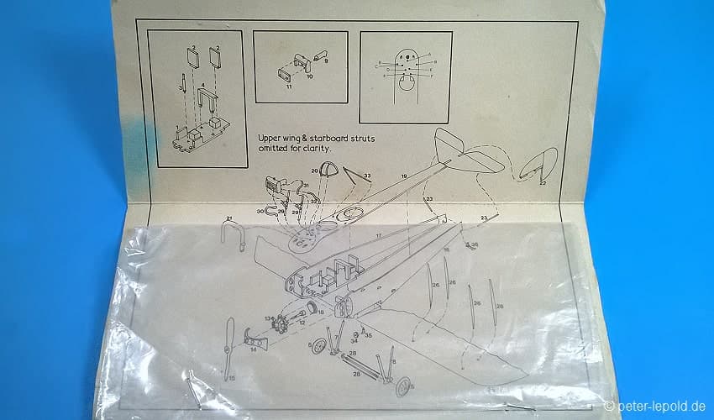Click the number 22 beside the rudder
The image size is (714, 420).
tap(543, 182)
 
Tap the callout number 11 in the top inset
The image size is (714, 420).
tap(288, 87)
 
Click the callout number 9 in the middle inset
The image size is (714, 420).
tap(326, 61)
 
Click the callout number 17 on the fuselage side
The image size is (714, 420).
tap(378, 236)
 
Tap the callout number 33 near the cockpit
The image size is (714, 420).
tap(366, 176)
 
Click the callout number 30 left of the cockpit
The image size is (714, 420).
tap(260, 211)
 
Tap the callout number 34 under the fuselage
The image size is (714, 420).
tap(354, 341)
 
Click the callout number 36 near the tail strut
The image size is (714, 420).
tap(475, 245)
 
